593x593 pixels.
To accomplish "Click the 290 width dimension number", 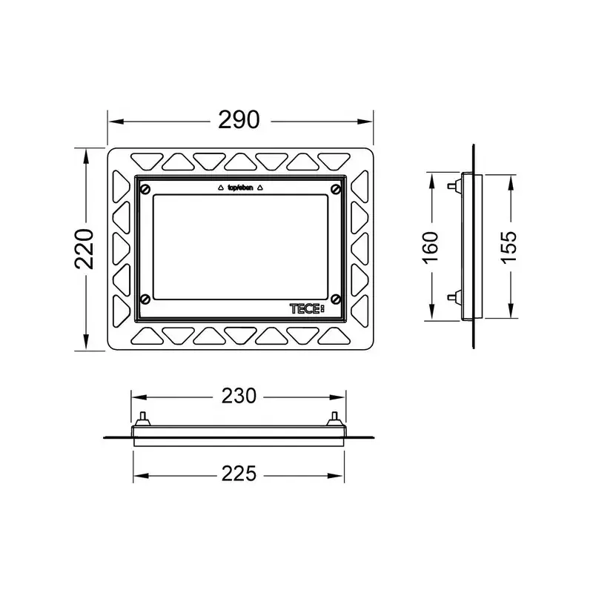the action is pos(239,120).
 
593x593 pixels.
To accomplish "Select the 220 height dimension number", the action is pos(84,249).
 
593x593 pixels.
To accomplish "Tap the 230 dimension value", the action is pos(239,396).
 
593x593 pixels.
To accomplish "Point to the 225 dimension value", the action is pos(239,474).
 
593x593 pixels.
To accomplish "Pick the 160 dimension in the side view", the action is pos(430,248).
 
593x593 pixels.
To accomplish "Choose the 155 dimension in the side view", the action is pos(508,248).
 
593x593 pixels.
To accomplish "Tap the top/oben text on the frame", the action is pos(240,188).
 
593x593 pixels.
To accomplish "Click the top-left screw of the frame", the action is pos(145,189).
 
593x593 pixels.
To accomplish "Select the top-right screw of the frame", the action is pos(336,189).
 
